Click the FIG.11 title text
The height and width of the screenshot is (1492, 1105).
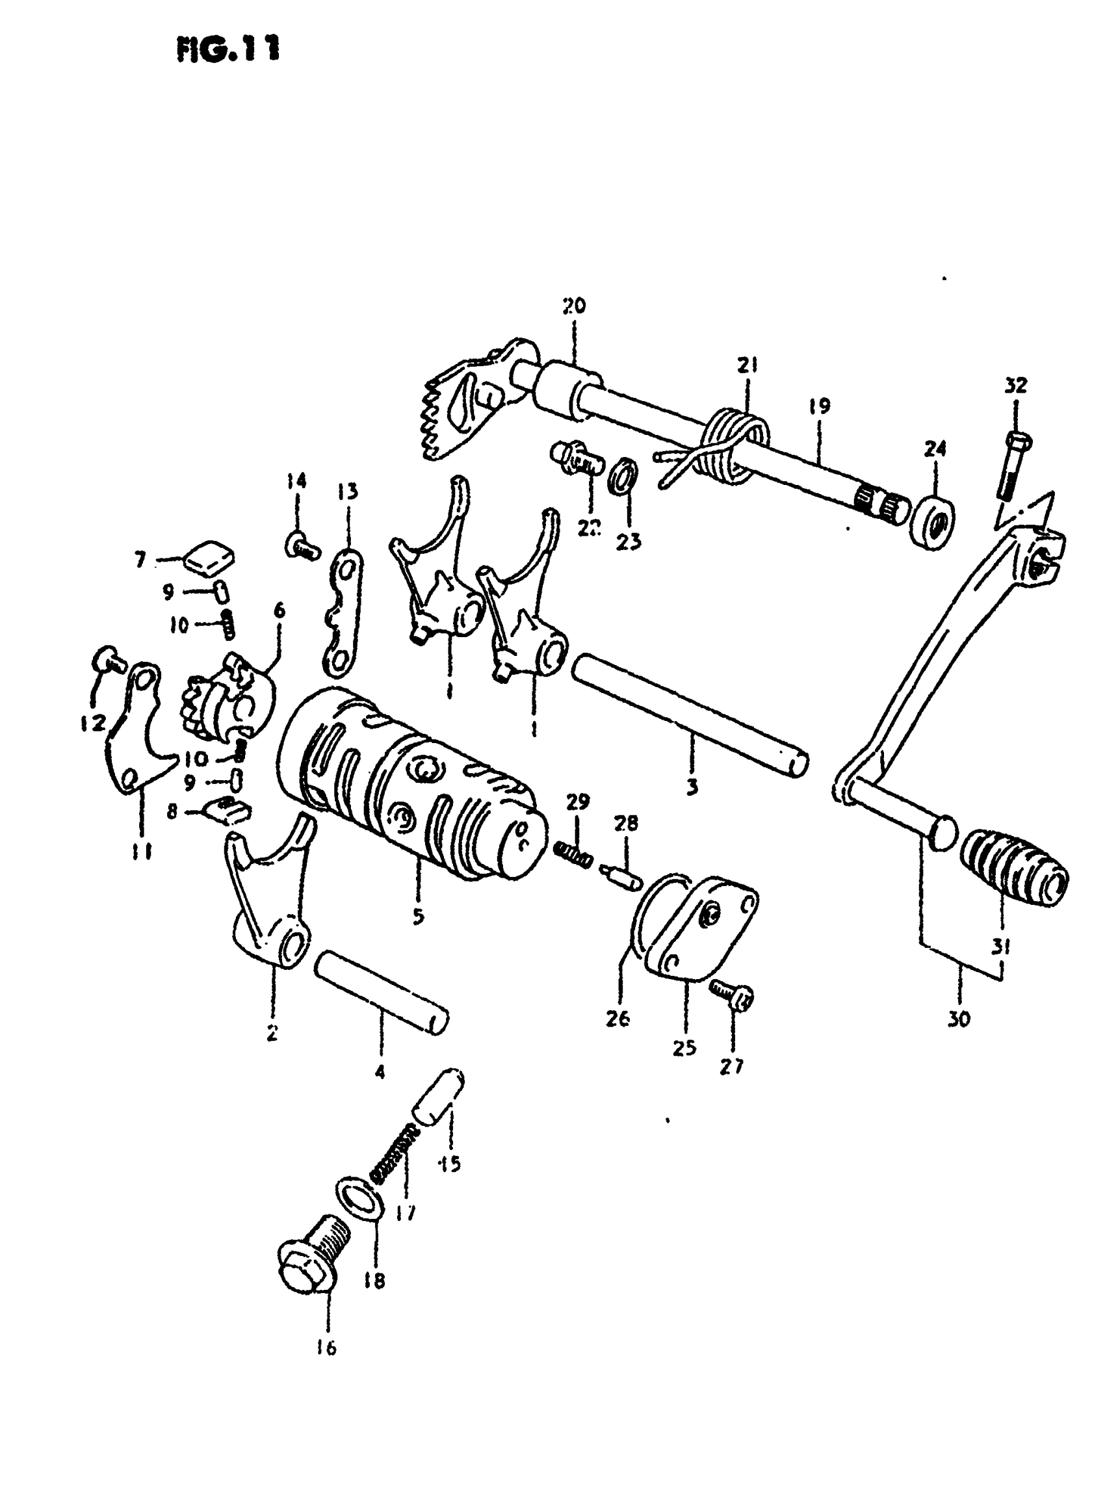coord(227,49)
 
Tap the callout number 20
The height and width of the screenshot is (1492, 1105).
coord(573,306)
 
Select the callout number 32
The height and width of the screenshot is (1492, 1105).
coord(1015,386)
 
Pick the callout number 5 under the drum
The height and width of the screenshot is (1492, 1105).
coord(418,916)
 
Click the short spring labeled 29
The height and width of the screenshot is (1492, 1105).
coord(573,854)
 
